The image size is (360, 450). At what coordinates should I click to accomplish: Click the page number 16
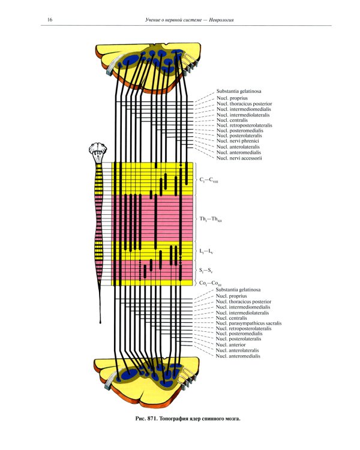(x=50, y=20)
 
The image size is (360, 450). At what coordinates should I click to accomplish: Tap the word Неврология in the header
(x=221, y=20)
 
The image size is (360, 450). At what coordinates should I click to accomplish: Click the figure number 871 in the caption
(x=151, y=419)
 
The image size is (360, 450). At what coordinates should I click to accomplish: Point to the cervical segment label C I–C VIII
(x=209, y=180)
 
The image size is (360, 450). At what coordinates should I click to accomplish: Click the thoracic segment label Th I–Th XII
(x=211, y=219)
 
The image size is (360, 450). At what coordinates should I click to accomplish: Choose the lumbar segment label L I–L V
(x=206, y=251)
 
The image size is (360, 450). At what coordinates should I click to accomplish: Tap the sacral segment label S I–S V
(x=206, y=271)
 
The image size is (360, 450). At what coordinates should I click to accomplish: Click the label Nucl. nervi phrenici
(x=238, y=141)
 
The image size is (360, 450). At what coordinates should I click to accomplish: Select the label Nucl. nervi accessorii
(x=239, y=158)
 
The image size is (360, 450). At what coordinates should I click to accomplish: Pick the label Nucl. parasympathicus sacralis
(x=248, y=323)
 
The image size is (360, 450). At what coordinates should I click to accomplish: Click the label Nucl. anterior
(x=231, y=344)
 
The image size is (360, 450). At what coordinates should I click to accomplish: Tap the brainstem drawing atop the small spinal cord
(x=98, y=153)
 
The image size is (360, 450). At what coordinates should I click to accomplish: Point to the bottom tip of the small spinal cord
(x=100, y=323)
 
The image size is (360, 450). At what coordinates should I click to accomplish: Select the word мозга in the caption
(x=232, y=419)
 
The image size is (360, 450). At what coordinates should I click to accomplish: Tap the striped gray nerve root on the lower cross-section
(x=112, y=379)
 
